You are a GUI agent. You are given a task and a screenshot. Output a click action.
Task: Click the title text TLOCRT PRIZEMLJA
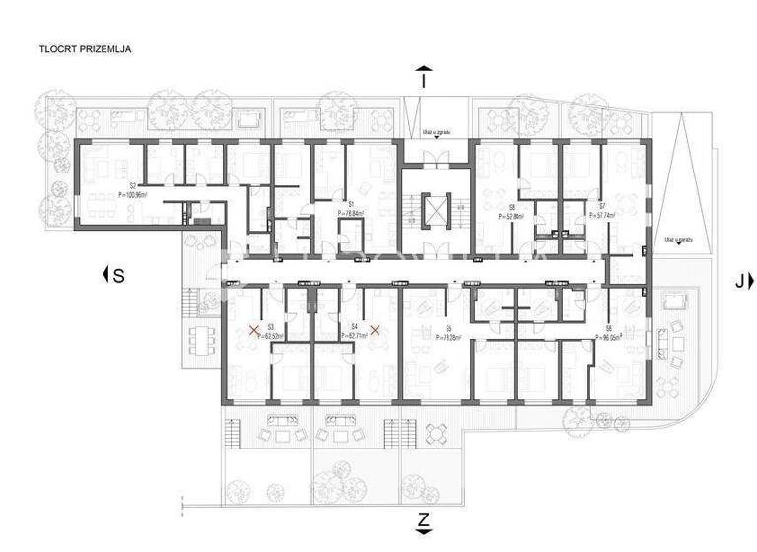coord(86,47)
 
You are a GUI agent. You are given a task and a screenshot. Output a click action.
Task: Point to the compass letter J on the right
coord(739,280)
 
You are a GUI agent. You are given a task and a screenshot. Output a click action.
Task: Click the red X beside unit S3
coord(253,330)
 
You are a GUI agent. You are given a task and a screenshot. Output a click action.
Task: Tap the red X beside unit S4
coord(375,330)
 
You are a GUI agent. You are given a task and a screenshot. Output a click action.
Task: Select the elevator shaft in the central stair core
coord(434,208)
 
